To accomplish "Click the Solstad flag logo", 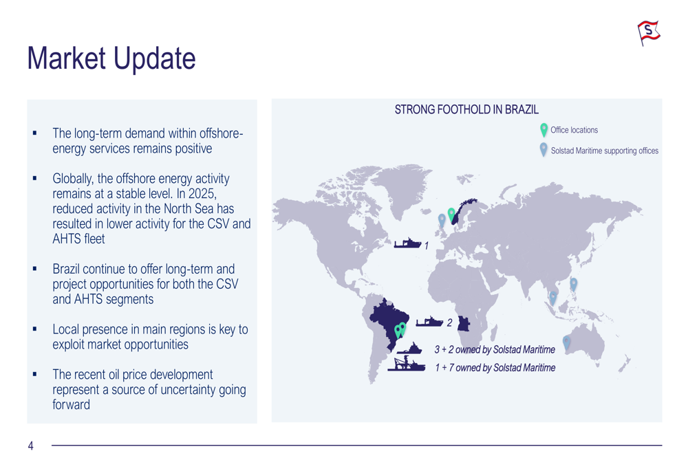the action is [x=649, y=32].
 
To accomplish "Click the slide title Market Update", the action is [x=111, y=58].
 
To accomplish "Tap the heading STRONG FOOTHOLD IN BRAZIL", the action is [x=466, y=109].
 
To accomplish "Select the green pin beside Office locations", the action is [x=544, y=130].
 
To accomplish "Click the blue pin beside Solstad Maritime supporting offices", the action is [x=544, y=149].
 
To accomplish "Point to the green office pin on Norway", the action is [x=451, y=215].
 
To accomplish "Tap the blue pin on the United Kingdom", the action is [x=442, y=221].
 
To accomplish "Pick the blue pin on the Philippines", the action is [x=574, y=284].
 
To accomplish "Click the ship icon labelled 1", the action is [x=407, y=243].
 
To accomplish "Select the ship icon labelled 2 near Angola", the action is [x=429, y=322].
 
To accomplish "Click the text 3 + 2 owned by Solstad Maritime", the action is [x=495, y=349].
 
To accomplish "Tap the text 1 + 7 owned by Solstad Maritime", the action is [x=495, y=367].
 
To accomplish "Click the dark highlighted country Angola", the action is [x=464, y=324].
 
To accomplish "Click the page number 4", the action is [x=31, y=446].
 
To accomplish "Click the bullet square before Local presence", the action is [x=34, y=329].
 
